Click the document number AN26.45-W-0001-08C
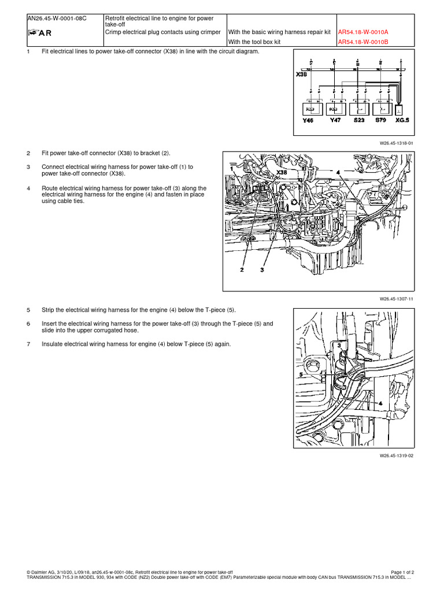pyautogui.click(x=57, y=17)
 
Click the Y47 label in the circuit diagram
pyautogui.click(x=335, y=120)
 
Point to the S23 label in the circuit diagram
pyautogui.click(x=358, y=120)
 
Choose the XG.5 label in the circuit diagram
pyautogui.click(x=402, y=120)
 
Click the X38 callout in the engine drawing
pyautogui.click(x=282, y=172)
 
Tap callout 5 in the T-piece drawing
pyautogui.click(x=301, y=375)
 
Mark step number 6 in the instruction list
pyautogui.click(x=28, y=324)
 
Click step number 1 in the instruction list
pyautogui.click(x=28, y=52)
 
